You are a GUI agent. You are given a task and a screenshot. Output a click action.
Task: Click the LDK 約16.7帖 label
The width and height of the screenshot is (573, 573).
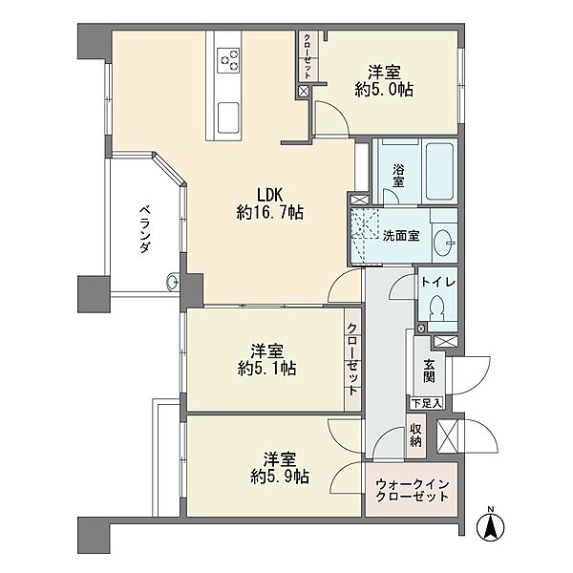click(269, 204)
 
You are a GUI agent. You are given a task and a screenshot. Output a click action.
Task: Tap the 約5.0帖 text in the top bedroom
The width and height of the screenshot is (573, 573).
click(384, 90)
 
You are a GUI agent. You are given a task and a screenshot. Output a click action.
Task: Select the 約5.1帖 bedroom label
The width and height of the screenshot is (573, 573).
click(266, 368)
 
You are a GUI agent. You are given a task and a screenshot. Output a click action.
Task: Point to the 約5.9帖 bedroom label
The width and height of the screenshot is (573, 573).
click(280, 477)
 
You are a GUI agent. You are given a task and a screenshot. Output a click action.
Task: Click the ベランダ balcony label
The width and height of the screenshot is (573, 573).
click(145, 229)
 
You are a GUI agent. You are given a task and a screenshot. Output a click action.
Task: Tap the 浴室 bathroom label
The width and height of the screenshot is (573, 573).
click(398, 176)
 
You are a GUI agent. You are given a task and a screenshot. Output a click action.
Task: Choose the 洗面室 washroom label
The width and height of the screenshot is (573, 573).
click(401, 236)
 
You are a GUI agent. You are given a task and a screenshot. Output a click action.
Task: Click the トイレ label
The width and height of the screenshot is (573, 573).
click(438, 282)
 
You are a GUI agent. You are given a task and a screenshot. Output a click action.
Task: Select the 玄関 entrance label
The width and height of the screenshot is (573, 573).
click(429, 371)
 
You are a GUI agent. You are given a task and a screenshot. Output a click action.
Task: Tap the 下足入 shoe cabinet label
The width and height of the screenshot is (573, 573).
click(427, 403)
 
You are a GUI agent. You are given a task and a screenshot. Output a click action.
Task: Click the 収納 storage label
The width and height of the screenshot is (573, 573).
click(415, 435)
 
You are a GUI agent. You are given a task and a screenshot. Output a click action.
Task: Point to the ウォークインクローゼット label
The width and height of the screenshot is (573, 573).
click(412, 491)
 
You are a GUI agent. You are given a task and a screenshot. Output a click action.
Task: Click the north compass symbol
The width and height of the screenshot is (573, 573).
click(491, 524)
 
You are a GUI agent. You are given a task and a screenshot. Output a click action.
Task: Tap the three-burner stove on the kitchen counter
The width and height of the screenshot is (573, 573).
click(228, 60)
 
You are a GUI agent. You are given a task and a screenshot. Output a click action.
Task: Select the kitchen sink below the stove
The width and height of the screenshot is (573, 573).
click(228, 118)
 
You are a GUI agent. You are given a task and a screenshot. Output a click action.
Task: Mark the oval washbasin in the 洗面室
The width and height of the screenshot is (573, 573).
click(444, 242)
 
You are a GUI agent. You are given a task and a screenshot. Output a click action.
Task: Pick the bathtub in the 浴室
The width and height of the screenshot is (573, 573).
click(440, 171)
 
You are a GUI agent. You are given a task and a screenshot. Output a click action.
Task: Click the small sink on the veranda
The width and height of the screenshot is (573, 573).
click(173, 282)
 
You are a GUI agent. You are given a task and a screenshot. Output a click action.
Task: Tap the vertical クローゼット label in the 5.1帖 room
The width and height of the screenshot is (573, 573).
click(351, 359)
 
